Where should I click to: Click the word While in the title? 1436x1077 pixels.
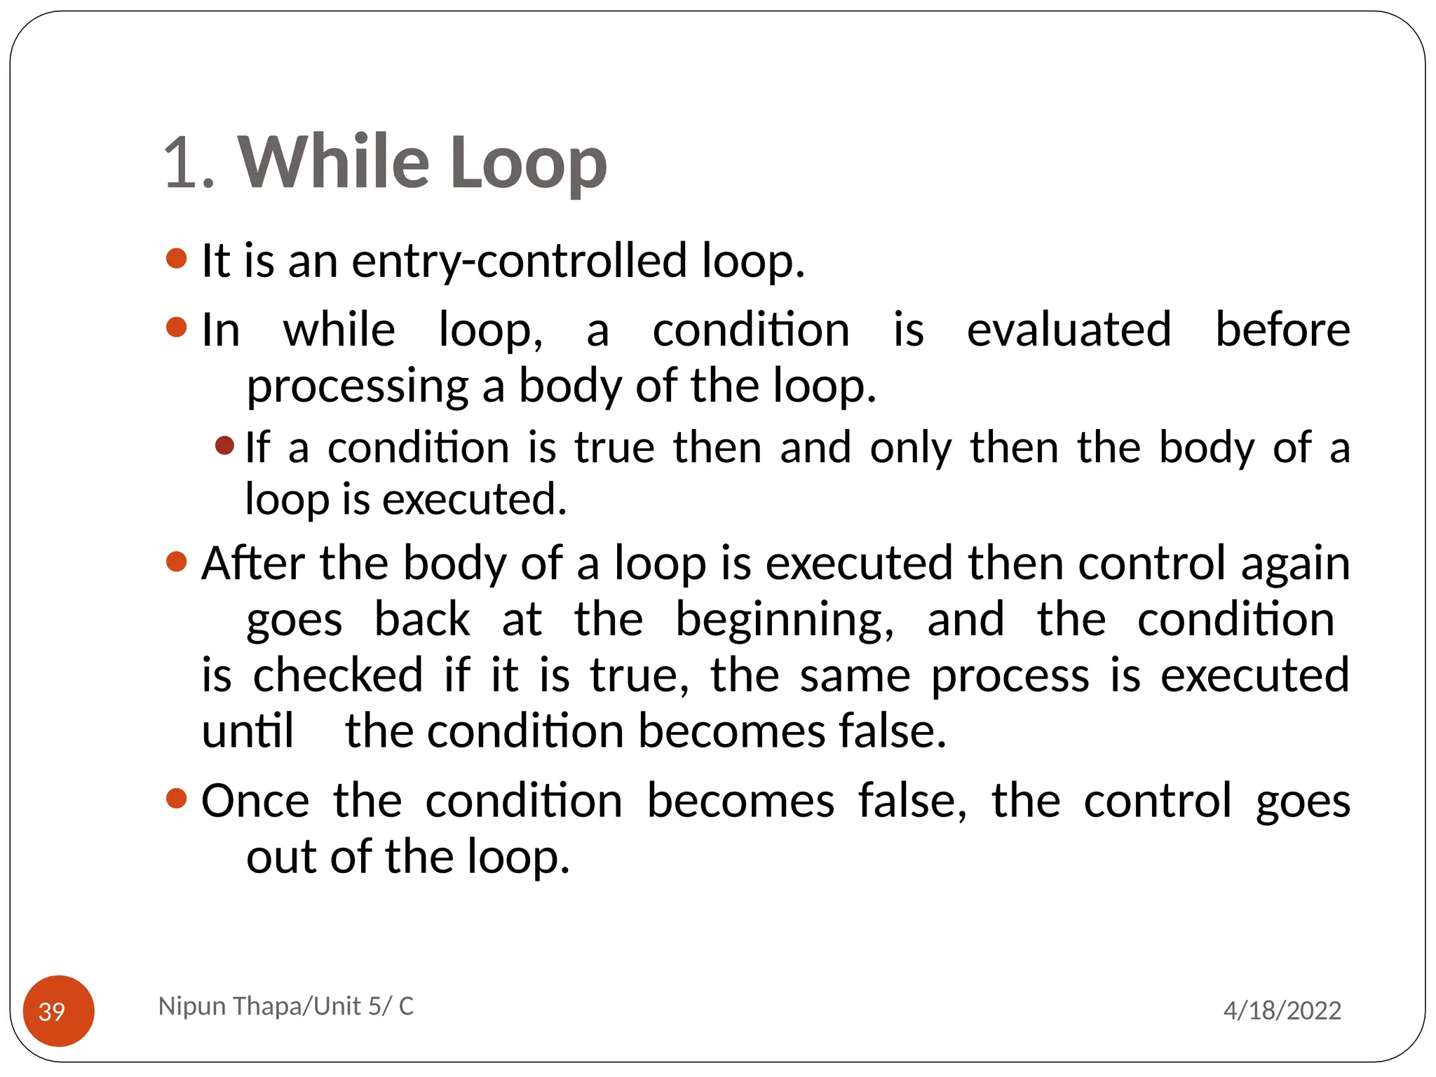click(333, 162)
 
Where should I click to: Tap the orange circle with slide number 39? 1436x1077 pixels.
click(59, 1010)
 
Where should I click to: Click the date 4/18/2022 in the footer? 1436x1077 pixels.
click(1282, 1010)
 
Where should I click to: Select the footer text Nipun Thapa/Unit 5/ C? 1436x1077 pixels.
click(286, 1005)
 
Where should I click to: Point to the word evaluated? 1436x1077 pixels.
click(1069, 330)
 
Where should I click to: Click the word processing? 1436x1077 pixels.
click(358, 387)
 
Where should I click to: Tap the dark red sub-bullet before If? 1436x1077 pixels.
click(224, 445)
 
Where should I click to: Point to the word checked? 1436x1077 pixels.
click(338, 675)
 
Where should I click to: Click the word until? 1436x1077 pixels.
click(248, 731)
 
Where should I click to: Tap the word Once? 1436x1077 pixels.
click(255, 801)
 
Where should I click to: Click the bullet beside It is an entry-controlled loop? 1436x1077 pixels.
click(177, 259)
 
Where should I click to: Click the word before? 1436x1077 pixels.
click(1282, 330)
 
